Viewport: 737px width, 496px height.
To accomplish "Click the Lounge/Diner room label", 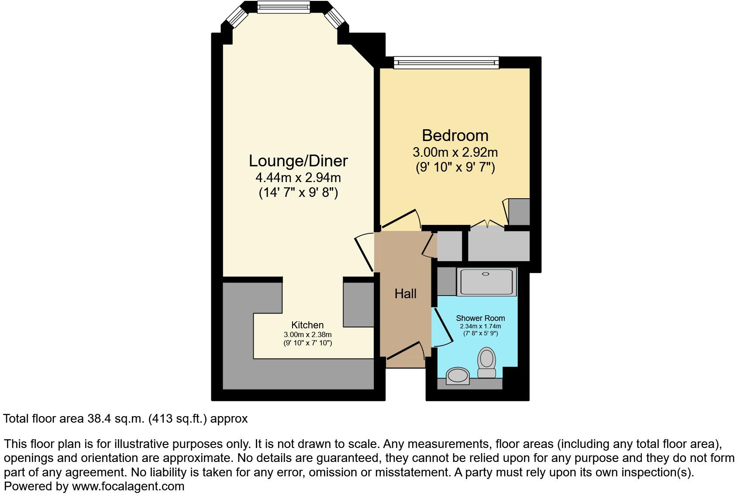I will [298, 161].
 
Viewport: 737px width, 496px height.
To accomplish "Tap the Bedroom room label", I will [455, 135].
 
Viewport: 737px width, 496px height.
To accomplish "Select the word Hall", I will [405, 294].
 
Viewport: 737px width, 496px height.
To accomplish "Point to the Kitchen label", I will [307, 325].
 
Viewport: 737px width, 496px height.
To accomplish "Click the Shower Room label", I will [480, 318].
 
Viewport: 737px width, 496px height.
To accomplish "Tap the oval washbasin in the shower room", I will [457, 375].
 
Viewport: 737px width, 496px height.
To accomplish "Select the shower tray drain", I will [486, 274].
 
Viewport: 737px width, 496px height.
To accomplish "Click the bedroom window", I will [446, 63].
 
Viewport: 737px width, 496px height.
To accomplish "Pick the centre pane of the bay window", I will [283, 7].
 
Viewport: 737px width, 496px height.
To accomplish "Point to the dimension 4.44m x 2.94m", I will [298, 178].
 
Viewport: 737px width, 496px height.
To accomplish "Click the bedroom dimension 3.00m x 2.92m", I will [455, 152].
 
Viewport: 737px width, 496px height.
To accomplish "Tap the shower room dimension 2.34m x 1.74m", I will [480, 326].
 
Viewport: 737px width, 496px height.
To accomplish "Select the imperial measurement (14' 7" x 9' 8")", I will [298, 193].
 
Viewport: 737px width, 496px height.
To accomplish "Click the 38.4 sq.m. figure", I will [116, 419].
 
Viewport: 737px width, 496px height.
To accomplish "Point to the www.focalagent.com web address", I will [128, 486].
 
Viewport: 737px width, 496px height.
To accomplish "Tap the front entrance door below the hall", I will [405, 351].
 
